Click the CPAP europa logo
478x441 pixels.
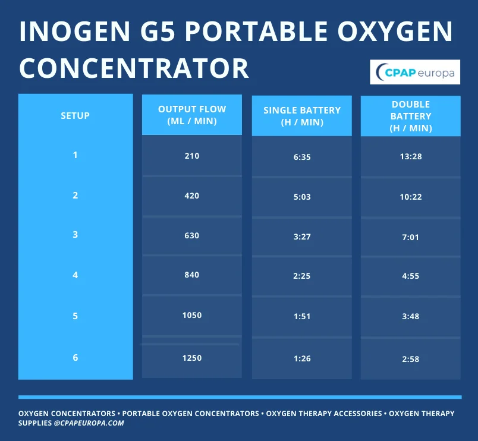click(x=415, y=73)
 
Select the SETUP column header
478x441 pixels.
click(x=75, y=116)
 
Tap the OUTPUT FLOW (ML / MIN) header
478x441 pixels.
click(x=191, y=115)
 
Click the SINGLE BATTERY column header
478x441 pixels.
click(x=302, y=116)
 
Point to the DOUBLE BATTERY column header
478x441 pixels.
click(x=411, y=116)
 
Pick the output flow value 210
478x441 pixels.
click(x=191, y=156)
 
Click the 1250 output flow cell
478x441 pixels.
click(x=191, y=358)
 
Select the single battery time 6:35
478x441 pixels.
click(x=302, y=157)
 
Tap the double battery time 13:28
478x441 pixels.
click(x=411, y=157)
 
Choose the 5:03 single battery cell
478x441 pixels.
click(x=302, y=197)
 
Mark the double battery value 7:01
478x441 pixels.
click(x=411, y=237)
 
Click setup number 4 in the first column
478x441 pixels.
click(x=75, y=275)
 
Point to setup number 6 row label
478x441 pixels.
click(x=75, y=358)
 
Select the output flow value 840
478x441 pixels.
click(x=191, y=275)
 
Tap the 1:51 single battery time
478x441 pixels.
click(x=302, y=316)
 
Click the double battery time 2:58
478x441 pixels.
click(x=411, y=359)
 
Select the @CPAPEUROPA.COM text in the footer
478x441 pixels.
click(x=89, y=423)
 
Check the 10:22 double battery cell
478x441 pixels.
click(x=411, y=197)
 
